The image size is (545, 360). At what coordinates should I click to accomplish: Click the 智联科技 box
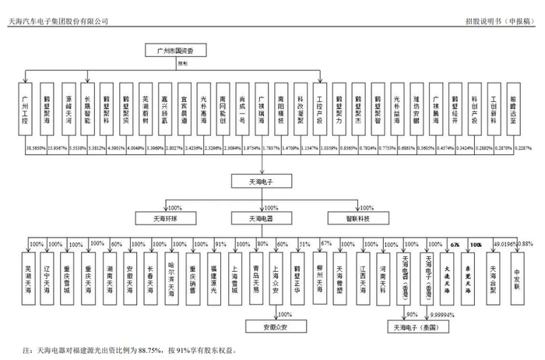349,219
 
